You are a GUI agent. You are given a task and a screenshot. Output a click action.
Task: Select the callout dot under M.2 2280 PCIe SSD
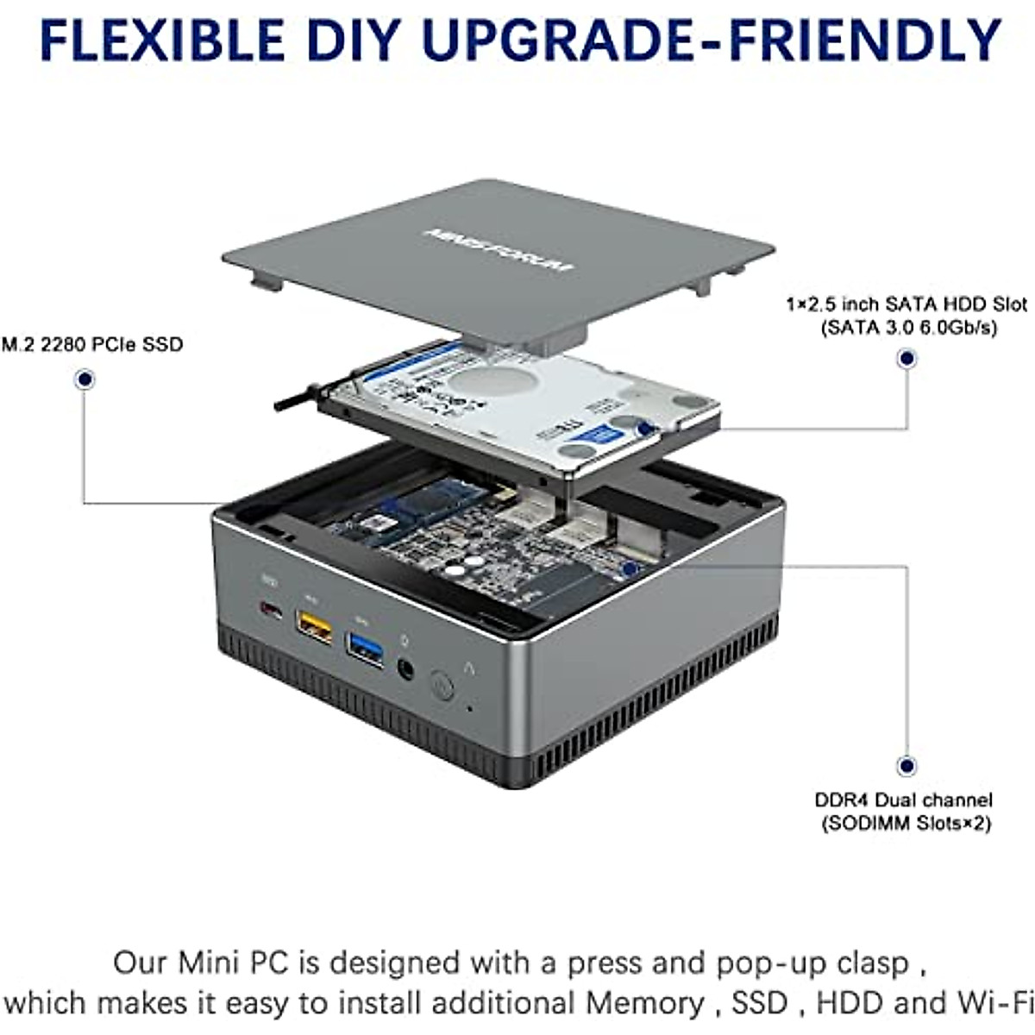85,379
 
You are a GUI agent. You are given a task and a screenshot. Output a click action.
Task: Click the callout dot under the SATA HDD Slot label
906,359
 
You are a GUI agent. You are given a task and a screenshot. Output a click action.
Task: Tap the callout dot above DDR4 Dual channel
906,765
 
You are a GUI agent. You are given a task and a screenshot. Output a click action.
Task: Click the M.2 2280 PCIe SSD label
92,345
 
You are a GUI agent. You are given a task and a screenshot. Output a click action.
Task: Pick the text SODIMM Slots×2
904,824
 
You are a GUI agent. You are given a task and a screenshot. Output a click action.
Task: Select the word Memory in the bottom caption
644,1003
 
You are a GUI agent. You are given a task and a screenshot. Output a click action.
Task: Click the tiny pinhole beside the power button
469,709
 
